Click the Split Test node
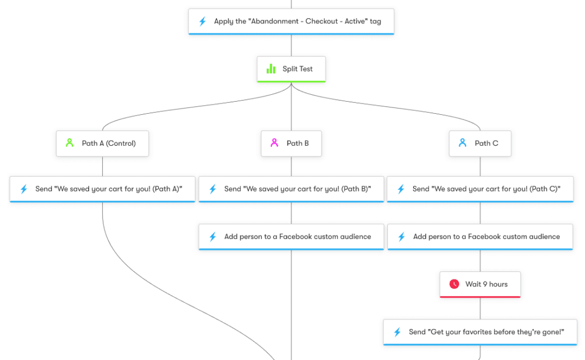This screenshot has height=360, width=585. pos(291,69)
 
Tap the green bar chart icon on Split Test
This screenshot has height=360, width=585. pos(271,69)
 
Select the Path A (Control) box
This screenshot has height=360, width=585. pos(102,143)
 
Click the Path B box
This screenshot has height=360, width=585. pos(291,143)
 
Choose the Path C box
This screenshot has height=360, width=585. pos(480,143)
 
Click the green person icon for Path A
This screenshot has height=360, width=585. pos(70,143)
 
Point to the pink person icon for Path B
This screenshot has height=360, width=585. pos(274,143)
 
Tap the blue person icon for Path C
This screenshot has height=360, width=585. pos(463,143)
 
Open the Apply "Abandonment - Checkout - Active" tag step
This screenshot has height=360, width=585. pos(291,22)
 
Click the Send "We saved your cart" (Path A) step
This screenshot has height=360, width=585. pos(103,189)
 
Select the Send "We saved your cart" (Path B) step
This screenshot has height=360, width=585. pos(291,189)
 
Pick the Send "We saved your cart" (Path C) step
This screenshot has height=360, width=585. pos(480,189)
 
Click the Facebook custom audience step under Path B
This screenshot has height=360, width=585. pos(291,237)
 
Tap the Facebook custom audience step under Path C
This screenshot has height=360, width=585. pos(480,237)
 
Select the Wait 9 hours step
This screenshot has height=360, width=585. pos(480,284)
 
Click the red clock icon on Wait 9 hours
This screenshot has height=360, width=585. pos(454,284)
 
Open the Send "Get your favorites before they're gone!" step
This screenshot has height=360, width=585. pos(480,332)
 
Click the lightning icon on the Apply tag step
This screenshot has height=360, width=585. pos(202,22)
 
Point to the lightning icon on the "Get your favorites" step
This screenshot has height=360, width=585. pos(397,332)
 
